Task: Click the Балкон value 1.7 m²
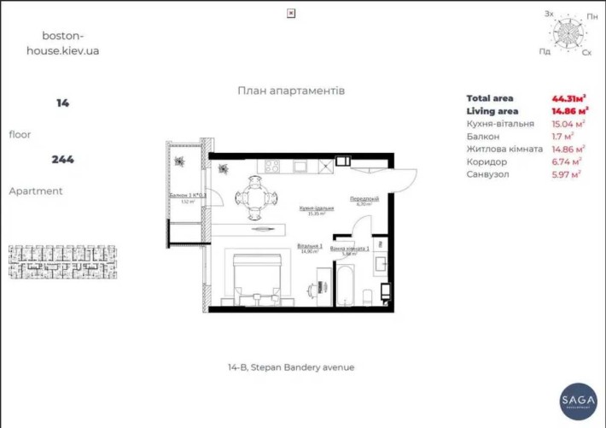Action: [561, 135]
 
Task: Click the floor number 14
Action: [62, 103]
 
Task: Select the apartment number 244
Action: [62, 159]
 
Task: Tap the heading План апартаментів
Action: [291, 91]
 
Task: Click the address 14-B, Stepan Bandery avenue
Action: [291, 367]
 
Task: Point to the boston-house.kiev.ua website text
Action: [64, 44]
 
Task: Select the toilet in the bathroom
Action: [367, 296]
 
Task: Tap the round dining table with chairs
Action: [255, 196]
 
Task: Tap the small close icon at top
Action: [291, 13]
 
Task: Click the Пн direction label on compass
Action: [591, 15]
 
